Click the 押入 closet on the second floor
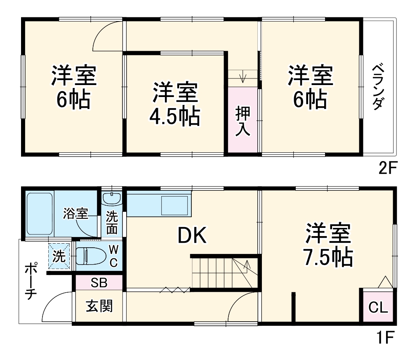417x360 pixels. click(243, 121)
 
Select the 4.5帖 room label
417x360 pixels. click(175, 105)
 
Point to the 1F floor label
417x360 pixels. click(386, 338)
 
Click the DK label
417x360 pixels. click(192, 236)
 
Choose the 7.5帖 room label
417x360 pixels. click(328, 246)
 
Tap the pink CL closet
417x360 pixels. click(378, 307)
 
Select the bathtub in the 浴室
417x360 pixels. click(40, 214)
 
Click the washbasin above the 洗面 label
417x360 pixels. click(111, 199)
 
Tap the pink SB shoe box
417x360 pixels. click(99, 283)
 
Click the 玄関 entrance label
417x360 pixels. click(99, 306)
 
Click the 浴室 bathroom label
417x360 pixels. click(76, 213)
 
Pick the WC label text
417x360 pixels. click(113, 256)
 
